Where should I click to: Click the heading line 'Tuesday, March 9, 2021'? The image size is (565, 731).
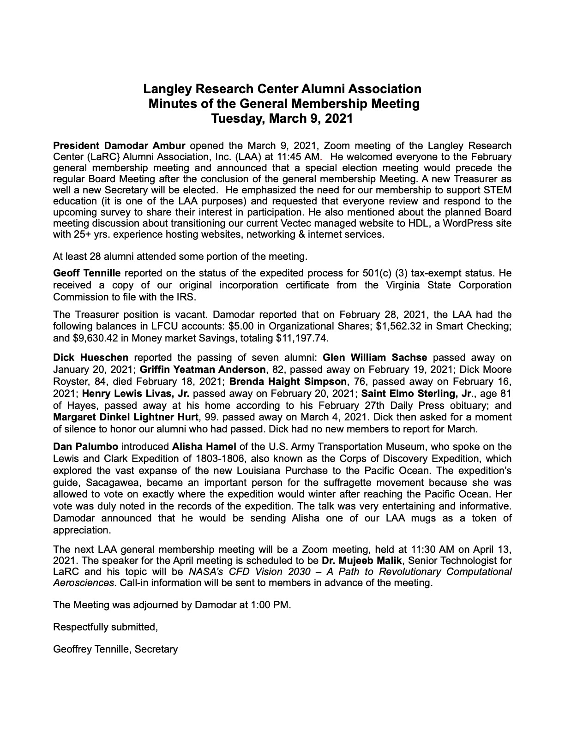[x=282, y=119]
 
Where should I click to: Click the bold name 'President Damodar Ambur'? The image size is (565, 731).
[x=120, y=146]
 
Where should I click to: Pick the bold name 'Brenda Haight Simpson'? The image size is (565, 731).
[x=288, y=382]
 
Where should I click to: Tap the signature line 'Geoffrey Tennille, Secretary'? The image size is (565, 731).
[x=115, y=649]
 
